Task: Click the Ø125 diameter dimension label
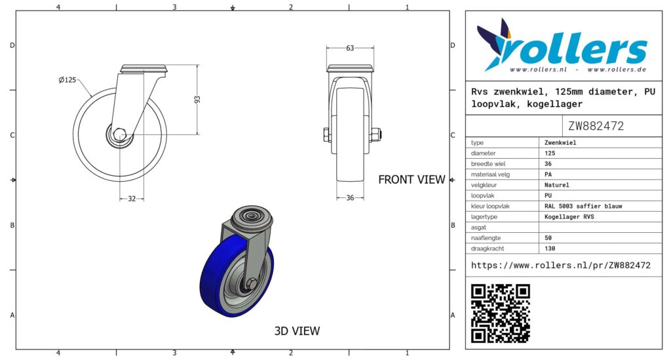[67, 80]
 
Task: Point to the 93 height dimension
[197, 99]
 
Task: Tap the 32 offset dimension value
[132, 199]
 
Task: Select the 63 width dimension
[350, 48]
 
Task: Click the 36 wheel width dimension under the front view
[350, 198]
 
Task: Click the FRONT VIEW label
[412, 180]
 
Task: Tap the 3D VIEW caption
[297, 331]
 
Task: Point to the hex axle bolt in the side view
[119, 134]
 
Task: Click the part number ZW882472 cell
[596, 126]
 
